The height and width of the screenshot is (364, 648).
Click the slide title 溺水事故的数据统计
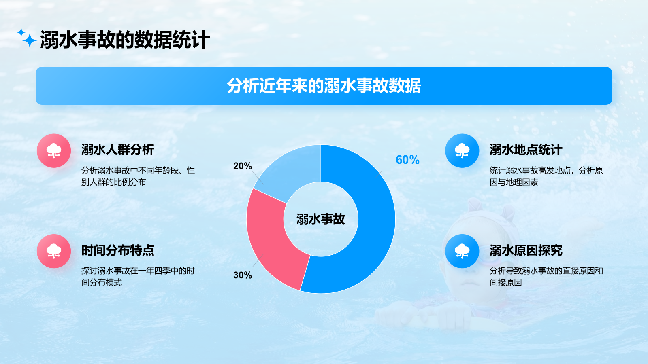click(125, 40)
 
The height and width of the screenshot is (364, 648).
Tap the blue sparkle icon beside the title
click(27, 38)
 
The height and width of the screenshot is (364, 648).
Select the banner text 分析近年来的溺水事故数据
click(324, 86)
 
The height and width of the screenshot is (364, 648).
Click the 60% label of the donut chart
click(407, 160)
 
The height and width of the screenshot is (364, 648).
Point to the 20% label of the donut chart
click(243, 166)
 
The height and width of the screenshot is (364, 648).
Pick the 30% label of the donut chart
click(243, 275)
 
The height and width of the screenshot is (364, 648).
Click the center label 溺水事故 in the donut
click(320, 219)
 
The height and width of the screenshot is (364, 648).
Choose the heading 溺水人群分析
click(118, 150)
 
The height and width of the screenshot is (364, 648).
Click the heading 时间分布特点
click(118, 250)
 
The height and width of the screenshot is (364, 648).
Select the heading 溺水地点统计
click(526, 150)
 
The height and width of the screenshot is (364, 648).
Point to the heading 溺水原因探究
click(526, 250)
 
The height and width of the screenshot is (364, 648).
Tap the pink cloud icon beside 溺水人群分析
click(54, 150)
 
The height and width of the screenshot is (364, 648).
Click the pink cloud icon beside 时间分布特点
click(54, 251)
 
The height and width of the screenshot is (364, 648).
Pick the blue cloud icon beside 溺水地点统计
click(462, 150)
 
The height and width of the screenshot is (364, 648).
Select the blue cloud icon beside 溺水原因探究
click(462, 251)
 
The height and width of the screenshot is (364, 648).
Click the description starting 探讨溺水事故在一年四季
click(138, 277)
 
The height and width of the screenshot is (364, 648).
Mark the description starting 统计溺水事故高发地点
click(546, 176)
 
